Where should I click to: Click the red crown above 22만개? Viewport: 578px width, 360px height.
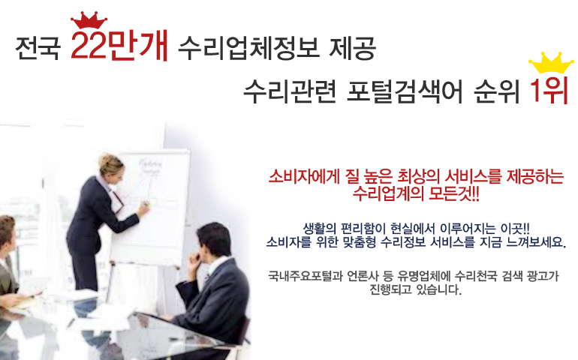89,20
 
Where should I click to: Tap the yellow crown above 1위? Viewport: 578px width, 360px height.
551,63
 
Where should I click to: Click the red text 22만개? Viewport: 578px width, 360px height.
119,45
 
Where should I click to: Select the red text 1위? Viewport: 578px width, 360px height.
549,91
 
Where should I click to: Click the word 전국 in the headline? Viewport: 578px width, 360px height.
38,48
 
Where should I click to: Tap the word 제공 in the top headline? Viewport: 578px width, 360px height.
351,48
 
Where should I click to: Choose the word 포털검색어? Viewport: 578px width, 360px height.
405,91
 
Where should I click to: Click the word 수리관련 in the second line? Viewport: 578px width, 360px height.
290,91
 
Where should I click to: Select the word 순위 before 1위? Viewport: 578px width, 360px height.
496,91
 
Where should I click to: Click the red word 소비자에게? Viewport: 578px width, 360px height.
304,176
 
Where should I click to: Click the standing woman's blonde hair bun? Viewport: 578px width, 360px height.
107,161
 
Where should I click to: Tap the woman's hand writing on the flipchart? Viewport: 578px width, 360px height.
143,208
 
